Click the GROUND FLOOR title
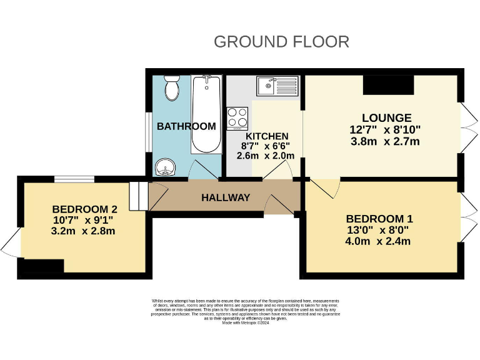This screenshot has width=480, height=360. pyautogui.click(x=281, y=42)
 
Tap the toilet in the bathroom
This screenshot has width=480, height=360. pyautogui.click(x=171, y=89)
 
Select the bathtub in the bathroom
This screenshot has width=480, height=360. pyautogui.click(x=206, y=114)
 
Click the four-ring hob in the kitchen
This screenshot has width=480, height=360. pyautogui.click(x=237, y=118)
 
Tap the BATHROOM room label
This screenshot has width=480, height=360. pyautogui.click(x=186, y=126)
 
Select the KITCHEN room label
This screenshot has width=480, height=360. pyautogui.click(x=267, y=136)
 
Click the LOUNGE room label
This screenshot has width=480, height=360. pyautogui.click(x=387, y=118)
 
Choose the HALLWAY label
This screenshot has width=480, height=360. pyautogui.click(x=226, y=197)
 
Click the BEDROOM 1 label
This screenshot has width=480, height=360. pyautogui.click(x=379, y=219)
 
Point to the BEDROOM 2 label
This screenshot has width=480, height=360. pyautogui.click(x=85, y=209)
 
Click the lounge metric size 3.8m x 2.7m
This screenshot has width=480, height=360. pyautogui.click(x=385, y=141)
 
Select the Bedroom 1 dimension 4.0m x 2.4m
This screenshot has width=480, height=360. pyautogui.click(x=379, y=241)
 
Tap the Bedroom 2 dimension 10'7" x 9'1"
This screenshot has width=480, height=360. pyautogui.click(x=84, y=220)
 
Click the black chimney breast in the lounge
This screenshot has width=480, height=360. pyautogui.click(x=388, y=85)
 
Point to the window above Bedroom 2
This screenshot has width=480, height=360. pyautogui.click(x=74, y=179)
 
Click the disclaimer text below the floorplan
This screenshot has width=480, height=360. pyautogui.click(x=246, y=311)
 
